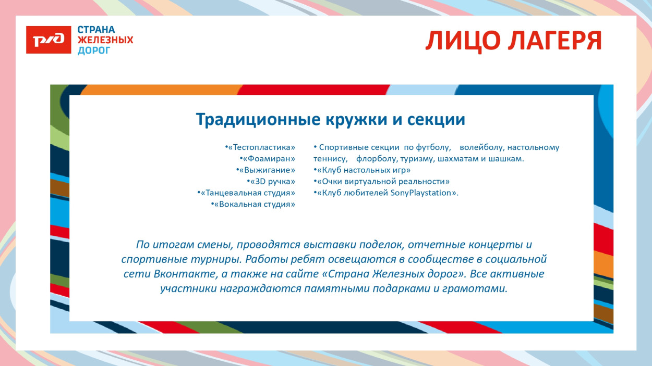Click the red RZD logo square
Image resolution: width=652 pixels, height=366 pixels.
(49, 40)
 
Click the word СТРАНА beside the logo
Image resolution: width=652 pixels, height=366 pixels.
(96, 30)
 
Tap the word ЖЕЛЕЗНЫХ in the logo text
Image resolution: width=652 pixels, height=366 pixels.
(105, 40)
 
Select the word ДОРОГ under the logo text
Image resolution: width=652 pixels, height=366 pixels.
(94, 51)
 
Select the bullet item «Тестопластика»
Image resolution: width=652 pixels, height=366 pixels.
(260, 147)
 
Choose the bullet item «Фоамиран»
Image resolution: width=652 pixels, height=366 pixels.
(268, 159)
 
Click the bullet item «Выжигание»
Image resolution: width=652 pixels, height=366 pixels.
(266, 170)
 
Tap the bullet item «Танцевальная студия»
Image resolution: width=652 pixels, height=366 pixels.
(247, 193)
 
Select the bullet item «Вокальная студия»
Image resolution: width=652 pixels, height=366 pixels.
(253, 205)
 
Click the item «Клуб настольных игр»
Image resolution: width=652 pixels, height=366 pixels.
(362, 170)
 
